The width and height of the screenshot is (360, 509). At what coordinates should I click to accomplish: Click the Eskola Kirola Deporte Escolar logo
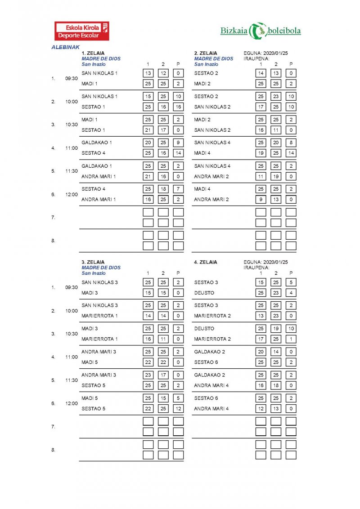point(81,31)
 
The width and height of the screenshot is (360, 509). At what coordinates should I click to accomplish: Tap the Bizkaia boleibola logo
point(261,31)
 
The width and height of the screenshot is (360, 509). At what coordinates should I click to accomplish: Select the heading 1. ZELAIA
point(93,53)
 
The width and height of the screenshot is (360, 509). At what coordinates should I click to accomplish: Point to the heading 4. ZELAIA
point(206,262)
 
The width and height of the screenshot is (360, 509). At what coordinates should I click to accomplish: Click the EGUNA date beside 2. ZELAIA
point(265,53)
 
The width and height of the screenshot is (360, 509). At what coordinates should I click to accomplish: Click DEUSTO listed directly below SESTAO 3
point(204,293)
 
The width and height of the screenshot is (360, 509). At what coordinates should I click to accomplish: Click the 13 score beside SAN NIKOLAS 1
point(148,73)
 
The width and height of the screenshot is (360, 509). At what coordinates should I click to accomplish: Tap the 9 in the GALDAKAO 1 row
point(179,143)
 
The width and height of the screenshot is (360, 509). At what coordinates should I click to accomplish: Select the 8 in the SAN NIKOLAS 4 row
point(291,143)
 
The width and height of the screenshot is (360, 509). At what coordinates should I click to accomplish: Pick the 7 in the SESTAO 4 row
point(179,189)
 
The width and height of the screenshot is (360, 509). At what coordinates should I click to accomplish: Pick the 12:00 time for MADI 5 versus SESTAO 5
point(71,403)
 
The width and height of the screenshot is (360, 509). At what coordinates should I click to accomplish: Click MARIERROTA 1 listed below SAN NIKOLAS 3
point(99,316)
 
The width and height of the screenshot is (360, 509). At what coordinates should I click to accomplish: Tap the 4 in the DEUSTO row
point(291,293)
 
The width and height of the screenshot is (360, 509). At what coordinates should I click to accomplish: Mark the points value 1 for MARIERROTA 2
point(291,339)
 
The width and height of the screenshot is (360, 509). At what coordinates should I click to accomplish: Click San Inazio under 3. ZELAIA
point(94,273)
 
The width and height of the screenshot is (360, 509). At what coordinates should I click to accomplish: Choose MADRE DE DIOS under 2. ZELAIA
point(214,58)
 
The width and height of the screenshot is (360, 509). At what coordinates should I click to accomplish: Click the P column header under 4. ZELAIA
point(291,273)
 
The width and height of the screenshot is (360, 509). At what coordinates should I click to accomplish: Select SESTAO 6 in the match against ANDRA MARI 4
point(206,398)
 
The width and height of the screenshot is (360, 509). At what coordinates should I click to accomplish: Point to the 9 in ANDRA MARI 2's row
point(261,199)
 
